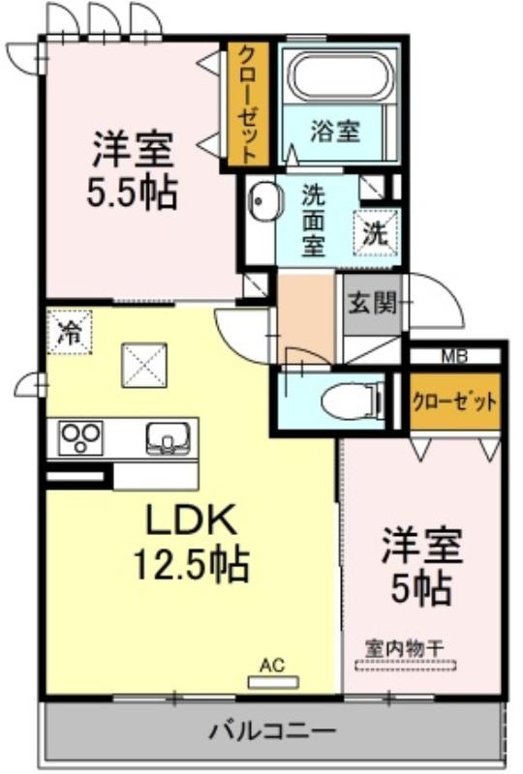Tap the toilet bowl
(352, 400)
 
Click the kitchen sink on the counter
(169, 437)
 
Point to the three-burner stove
(80, 437)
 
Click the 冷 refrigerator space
(70, 332)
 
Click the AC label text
(273, 665)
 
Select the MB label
(454, 356)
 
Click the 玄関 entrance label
(373, 303)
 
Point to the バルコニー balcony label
(272, 729)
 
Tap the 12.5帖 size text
(192, 564)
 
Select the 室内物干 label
(405, 648)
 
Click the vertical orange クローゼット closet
(248, 104)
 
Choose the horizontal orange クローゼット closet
(454, 402)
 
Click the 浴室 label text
(335, 132)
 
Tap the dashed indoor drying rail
(406, 665)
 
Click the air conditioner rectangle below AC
(273, 683)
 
